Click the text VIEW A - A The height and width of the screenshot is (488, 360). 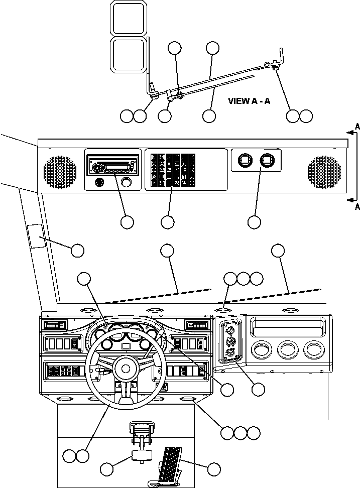pyautogui.click(x=249, y=101)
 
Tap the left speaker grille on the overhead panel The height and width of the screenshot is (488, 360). pyautogui.click(x=61, y=171)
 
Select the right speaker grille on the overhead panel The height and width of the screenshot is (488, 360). pyautogui.click(x=324, y=171)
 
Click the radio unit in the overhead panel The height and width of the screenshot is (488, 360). pyautogui.click(x=113, y=165)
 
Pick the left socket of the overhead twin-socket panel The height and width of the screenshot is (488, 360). pyautogui.click(x=244, y=160)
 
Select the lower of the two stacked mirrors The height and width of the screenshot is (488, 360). pyautogui.click(x=128, y=55)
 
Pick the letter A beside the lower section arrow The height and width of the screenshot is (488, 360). pyautogui.click(x=357, y=206)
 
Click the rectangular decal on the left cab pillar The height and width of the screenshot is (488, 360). pyautogui.click(x=37, y=236)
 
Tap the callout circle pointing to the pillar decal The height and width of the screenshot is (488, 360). pyautogui.click(x=77, y=250)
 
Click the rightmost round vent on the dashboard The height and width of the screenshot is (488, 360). pyautogui.click(x=314, y=349)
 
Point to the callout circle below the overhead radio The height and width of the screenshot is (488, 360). pyautogui.click(x=127, y=221)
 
